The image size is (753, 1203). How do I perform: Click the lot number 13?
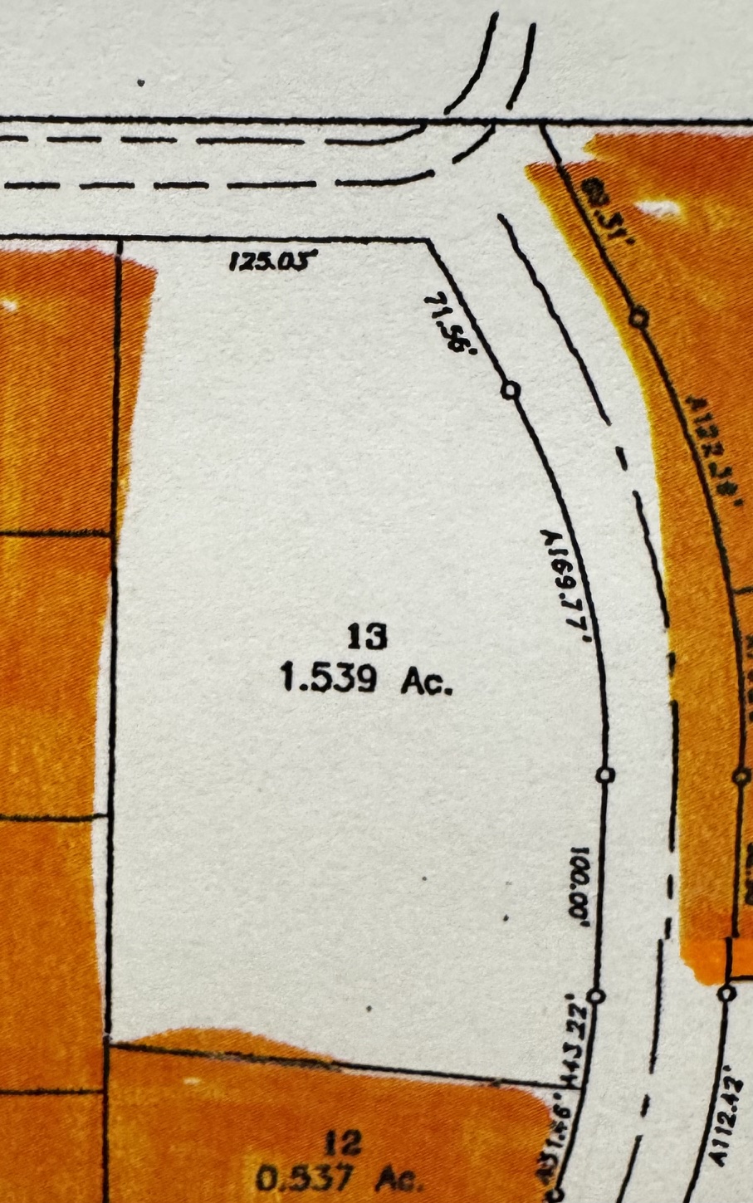click(x=368, y=638)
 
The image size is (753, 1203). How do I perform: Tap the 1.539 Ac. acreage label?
click(x=367, y=681)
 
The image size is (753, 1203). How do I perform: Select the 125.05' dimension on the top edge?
click(x=273, y=262)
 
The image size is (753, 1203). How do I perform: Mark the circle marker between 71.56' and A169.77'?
click(x=511, y=389)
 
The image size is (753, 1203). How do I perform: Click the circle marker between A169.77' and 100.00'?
click(x=606, y=775)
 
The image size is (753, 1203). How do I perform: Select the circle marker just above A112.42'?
click(x=727, y=992)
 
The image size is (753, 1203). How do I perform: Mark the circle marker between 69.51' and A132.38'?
click(x=638, y=317)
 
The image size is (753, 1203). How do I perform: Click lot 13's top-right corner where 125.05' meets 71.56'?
click(x=428, y=242)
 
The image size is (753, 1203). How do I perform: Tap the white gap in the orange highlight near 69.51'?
click(x=660, y=208)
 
